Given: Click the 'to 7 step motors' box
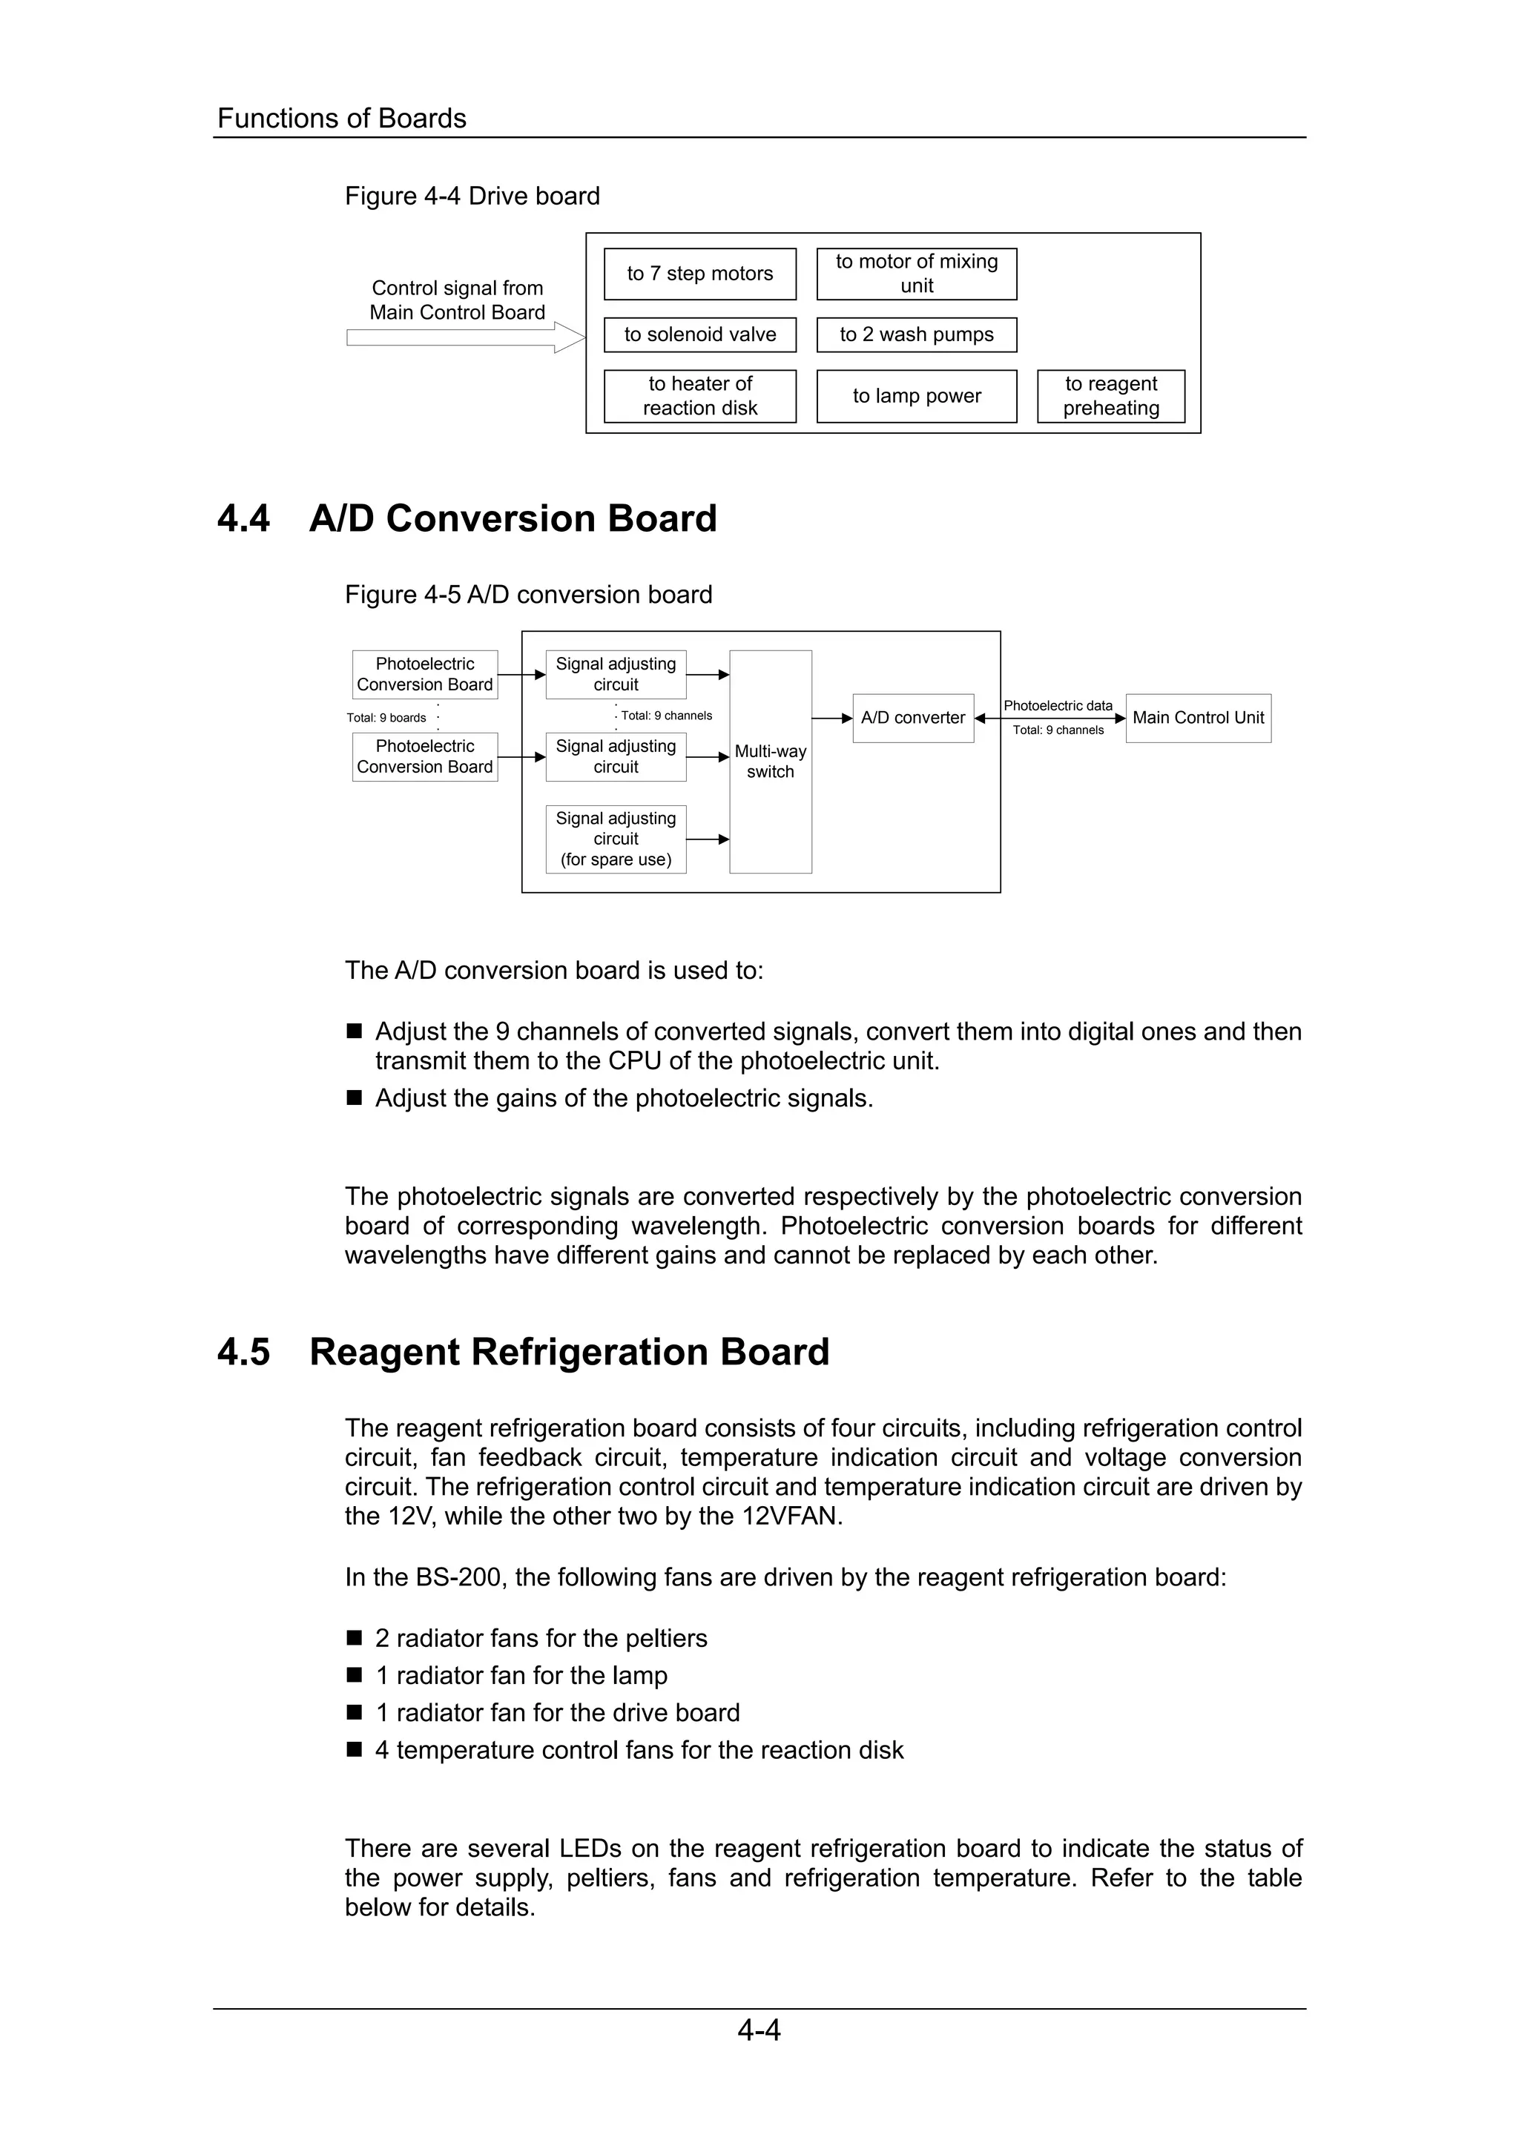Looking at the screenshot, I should (700, 274).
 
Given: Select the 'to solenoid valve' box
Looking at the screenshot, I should (700, 335).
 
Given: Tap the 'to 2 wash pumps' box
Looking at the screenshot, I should (916, 335).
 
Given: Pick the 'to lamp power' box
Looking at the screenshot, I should (916, 396).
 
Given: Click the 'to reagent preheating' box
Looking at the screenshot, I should (1111, 396).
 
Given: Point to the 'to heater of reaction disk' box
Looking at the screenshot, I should (700, 396).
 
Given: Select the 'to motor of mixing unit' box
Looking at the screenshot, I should (916, 274).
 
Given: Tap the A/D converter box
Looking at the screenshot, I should (912, 718).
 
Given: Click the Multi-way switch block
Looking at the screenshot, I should (771, 761).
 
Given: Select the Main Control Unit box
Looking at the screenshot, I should (1198, 718).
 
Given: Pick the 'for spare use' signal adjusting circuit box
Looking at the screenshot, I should (616, 839).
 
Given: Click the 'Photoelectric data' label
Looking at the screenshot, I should (1058, 706).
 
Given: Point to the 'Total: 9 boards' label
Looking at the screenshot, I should (386, 718).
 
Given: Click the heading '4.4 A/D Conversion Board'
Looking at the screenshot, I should (467, 518).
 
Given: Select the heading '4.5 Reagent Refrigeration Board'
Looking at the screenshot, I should (522, 1353).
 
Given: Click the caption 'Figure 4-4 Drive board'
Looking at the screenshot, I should (472, 197).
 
